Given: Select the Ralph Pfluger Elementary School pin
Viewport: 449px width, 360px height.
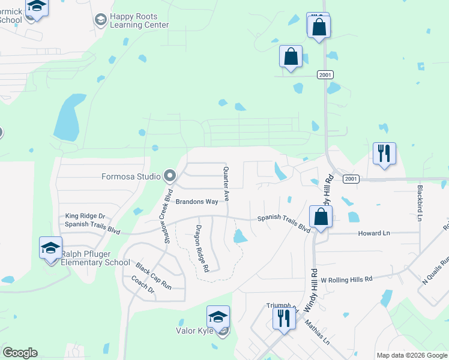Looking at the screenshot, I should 50,248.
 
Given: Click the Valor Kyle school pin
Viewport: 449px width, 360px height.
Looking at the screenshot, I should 218,317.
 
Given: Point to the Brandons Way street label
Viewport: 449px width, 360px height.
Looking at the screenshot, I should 196,202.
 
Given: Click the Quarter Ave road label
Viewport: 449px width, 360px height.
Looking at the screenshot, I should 226,183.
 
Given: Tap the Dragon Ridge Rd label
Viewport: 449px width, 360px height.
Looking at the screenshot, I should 202,248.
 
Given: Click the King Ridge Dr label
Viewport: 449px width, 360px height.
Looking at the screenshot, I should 85,216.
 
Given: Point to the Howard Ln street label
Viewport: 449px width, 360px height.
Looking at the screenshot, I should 374,233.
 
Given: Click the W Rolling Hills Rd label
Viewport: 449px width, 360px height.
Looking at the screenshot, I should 346,280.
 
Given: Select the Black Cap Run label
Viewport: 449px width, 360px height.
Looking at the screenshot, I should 153,276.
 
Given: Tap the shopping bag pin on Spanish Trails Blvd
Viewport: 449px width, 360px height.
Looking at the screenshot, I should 321,218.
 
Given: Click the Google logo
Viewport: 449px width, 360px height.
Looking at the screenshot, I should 20,353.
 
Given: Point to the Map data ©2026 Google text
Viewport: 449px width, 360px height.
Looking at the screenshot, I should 411,355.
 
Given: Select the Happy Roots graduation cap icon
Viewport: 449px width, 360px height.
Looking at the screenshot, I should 100,20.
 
